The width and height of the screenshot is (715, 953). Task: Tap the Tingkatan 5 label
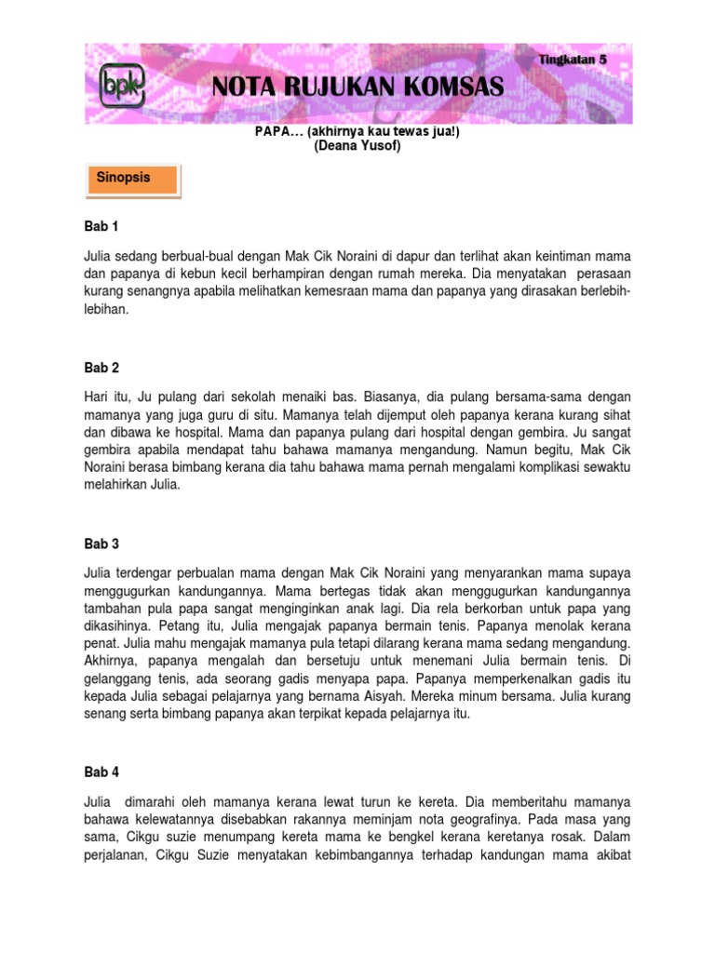click(x=573, y=59)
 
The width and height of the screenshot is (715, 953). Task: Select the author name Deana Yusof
click(x=357, y=146)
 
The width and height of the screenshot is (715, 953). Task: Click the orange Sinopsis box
click(x=131, y=179)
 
